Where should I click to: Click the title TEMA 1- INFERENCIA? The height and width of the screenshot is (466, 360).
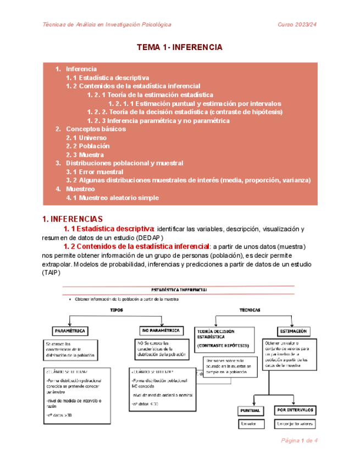pos(179,48)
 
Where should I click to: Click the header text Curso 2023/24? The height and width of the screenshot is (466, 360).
pos(297,25)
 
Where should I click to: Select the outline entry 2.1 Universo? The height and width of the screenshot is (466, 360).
pos(82,137)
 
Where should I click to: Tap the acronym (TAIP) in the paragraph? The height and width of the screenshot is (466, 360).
pos(52,273)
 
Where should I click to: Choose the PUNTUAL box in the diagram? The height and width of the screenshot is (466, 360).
pos(253,410)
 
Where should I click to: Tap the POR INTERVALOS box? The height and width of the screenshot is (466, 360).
pos(295,410)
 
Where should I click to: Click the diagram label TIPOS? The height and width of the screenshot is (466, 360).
pos(117,310)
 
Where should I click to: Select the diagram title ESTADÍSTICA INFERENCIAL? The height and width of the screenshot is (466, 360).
pos(179,289)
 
